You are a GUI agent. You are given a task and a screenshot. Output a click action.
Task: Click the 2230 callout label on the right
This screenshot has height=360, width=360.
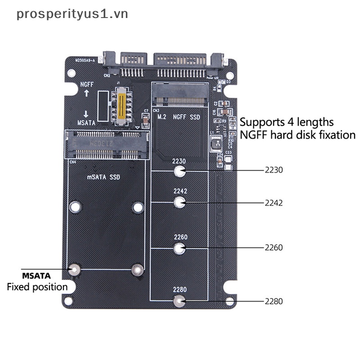[x=274, y=171]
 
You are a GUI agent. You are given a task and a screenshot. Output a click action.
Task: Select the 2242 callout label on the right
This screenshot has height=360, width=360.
[x=274, y=202]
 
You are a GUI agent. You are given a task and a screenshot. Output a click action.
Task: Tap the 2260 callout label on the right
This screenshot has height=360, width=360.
[x=274, y=247]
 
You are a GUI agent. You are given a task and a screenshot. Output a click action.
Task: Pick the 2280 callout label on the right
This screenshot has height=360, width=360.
[x=274, y=301]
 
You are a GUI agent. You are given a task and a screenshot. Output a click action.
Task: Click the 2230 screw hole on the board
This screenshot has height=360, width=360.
[x=180, y=171]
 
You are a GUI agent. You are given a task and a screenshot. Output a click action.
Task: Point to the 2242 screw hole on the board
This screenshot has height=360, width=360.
[x=180, y=202]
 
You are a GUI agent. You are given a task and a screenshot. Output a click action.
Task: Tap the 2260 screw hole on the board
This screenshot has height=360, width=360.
[x=180, y=247]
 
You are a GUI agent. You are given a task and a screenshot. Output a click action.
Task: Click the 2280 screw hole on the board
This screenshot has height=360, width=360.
[x=180, y=301]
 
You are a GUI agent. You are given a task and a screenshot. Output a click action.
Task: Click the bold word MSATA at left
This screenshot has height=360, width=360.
[x=36, y=275]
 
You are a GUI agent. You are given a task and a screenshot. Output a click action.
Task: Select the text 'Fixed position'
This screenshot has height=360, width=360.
[x=37, y=287]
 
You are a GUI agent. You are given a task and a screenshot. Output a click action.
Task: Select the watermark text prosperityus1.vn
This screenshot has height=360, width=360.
[x=72, y=14]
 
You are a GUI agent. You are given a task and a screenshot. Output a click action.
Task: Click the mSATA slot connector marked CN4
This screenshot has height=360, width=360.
[x=108, y=144]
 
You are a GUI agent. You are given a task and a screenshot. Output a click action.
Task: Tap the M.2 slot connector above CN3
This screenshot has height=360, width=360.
[x=180, y=94]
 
